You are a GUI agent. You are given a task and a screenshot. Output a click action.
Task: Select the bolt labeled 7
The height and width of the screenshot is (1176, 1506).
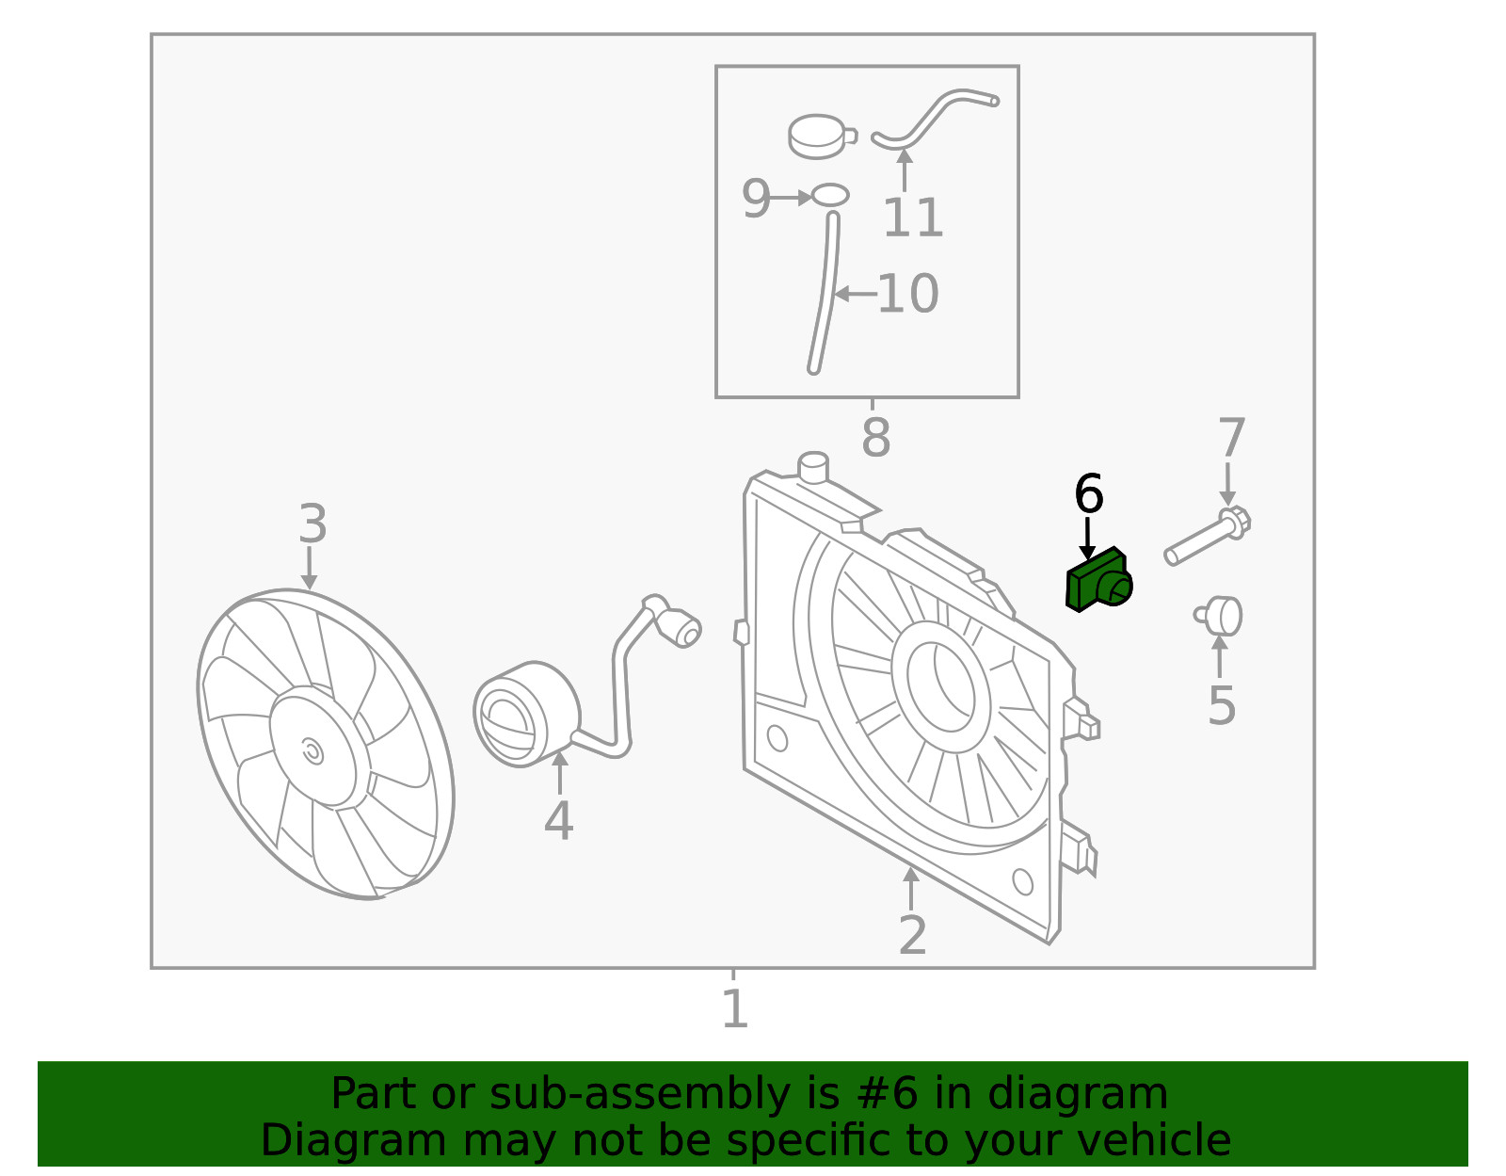[x=1207, y=535]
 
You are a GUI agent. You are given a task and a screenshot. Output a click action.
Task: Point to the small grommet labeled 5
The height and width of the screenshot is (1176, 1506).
[x=1218, y=616]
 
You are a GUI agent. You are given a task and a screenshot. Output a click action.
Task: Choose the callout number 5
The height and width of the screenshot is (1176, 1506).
[x=1222, y=705]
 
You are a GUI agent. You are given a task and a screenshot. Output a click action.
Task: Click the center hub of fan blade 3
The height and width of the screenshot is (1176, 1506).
[x=312, y=747]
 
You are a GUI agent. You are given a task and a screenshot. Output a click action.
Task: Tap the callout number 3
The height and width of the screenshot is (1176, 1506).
[x=312, y=524]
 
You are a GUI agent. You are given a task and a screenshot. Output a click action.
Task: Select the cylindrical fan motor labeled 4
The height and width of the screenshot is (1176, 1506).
[x=526, y=714]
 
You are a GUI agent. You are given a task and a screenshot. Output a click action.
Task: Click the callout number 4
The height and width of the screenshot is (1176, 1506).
[x=558, y=821]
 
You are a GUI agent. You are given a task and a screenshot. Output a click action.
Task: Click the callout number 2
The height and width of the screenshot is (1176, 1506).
[x=912, y=935]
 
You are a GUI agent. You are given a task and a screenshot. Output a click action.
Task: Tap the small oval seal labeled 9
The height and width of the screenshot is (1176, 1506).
[x=829, y=196]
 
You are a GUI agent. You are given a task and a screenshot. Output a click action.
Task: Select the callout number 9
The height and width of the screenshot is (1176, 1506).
[x=756, y=198]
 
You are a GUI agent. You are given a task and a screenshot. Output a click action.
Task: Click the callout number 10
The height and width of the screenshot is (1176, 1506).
[x=908, y=293]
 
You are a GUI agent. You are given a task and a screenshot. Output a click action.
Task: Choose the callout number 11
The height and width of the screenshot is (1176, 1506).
[x=913, y=217]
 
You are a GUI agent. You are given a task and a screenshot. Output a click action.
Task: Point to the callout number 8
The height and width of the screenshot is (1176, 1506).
[x=876, y=437]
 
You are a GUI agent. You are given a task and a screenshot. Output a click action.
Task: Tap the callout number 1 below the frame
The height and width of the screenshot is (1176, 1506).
[x=735, y=1008]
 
